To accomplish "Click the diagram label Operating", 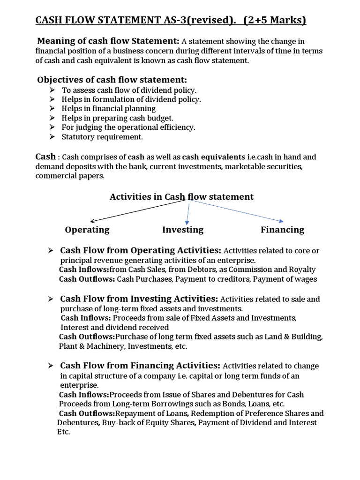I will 87,230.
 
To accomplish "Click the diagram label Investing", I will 183,230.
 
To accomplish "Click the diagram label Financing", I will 282,230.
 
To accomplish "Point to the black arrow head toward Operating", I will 92,220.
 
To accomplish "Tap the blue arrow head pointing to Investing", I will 187,222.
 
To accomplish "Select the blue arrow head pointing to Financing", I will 281,220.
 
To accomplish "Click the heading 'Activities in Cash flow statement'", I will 181,197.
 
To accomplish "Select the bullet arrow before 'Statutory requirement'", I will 52,137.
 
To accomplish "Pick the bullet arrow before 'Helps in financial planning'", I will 52,109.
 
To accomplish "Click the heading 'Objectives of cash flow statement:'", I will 112,80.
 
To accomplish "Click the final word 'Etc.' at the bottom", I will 63,432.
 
